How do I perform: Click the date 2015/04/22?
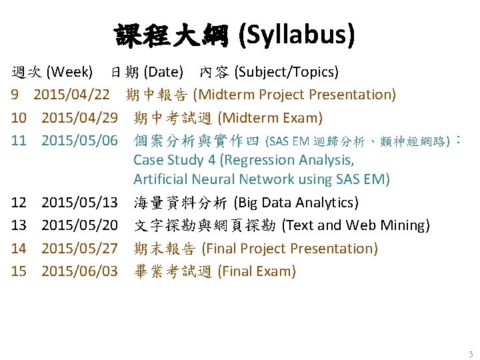click(x=71, y=95)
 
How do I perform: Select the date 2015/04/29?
click(x=79, y=119)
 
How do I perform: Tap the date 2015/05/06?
click(x=79, y=140)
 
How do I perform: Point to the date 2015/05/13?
click(x=79, y=203)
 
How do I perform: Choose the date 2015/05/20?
click(x=79, y=225)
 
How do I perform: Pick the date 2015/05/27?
click(x=79, y=249)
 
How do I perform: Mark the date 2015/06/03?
click(x=79, y=271)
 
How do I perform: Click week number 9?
click(x=14, y=95)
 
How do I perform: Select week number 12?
click(x=19, y=203)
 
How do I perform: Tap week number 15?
click(x=19, y=271)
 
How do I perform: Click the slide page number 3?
click(x=470, y=354)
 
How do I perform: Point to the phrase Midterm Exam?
click(x=270, y=119)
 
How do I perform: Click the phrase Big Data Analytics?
click(x=296, y=203)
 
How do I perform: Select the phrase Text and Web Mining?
click(x=355, y=225)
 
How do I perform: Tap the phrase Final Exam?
click(x=257, y=271)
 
